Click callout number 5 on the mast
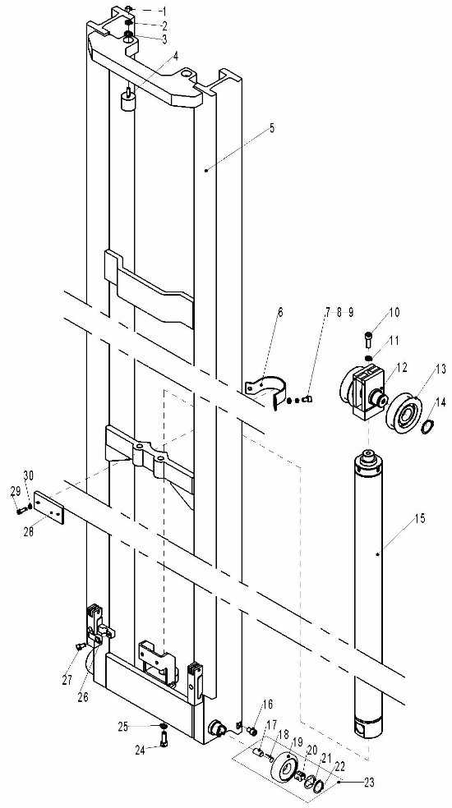pyautogui.click(x=271, y=128)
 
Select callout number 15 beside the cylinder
pyautogui.click(x=420, y=519)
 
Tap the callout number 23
pyautogui.click(x=368, y=783)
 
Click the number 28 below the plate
pyautogui.click(x=29, y=533)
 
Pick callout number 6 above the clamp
pyautogui.click(x=280, y=312)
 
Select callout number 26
pyautogui.click(x=82, y=696)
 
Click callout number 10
pyautogui.click(x=394, y=312)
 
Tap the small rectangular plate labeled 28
pyautogui.click(x=49, y=507)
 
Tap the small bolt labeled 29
pyautogui.click(x=21, y=512)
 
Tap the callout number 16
pyautogui.click(x=267, y=704)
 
